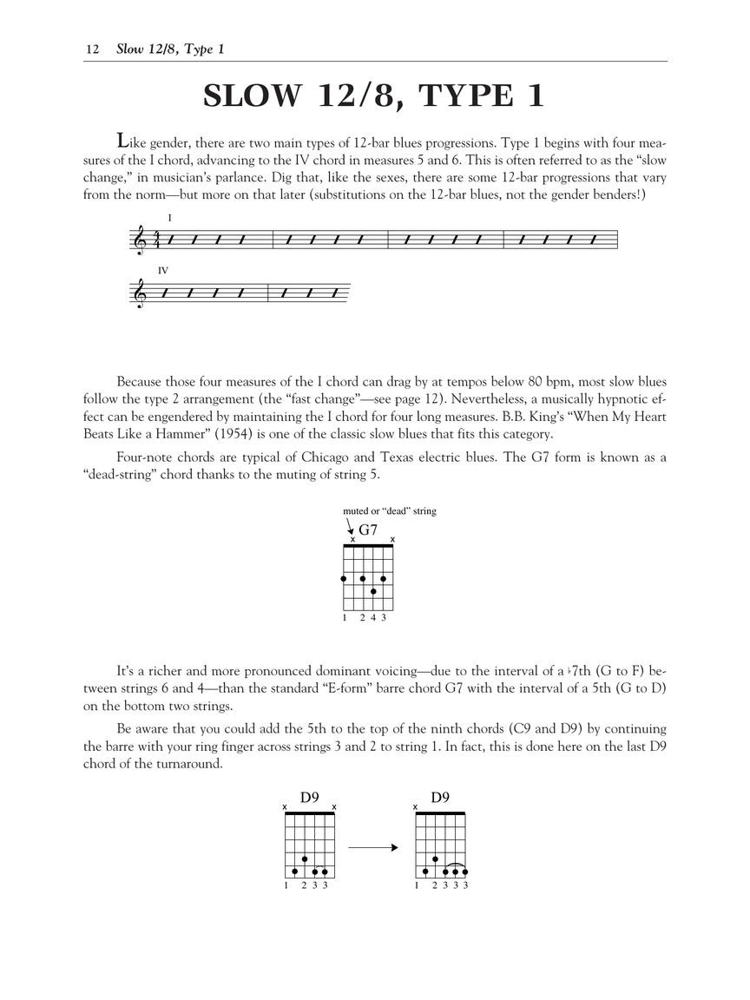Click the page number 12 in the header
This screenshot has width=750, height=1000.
[90, 49]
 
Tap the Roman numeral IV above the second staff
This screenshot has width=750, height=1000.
[163, 271]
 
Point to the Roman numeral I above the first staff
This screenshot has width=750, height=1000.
[170, 217]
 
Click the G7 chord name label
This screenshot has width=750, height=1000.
[368, 529]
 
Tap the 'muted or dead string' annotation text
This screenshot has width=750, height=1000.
[390, 511]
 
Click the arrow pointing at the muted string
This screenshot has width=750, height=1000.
[350, 527]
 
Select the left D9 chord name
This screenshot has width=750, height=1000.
[310, 797]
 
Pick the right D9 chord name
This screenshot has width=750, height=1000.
[440, 797]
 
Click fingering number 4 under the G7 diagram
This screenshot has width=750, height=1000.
[373, 618]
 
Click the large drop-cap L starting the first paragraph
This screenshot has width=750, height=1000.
[124, 140]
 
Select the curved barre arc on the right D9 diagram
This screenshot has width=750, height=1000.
[456, 865]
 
